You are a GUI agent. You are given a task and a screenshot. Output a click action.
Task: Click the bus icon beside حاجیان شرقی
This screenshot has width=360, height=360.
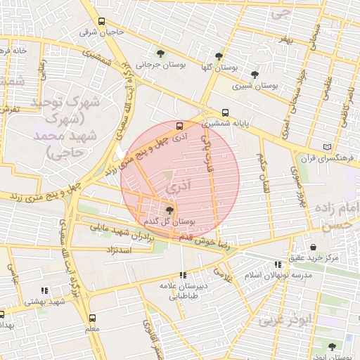point(102,21)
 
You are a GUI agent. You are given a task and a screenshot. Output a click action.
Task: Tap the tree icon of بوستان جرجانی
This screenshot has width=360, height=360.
point(161,53)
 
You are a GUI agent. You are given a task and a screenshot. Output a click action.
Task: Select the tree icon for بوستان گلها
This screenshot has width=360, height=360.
point(219,56)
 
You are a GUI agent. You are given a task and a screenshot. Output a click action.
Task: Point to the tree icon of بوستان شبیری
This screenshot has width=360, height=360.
point(255,74)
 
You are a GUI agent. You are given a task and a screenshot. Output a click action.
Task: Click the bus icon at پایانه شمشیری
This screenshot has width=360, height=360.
point(225,112)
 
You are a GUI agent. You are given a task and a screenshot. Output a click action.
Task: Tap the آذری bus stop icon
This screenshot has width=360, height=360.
point(179,126)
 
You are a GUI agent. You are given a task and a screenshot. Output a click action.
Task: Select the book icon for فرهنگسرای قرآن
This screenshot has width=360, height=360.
point(326,146)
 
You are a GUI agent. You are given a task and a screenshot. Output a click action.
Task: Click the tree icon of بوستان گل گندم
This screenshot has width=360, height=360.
point(169,210)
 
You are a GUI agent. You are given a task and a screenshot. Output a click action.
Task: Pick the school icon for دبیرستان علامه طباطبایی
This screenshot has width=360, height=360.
point(184,275)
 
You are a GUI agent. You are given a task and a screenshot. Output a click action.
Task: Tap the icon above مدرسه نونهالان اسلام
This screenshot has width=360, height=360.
point(278,265)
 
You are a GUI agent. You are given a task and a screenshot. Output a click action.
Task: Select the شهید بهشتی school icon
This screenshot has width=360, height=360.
point(44,290)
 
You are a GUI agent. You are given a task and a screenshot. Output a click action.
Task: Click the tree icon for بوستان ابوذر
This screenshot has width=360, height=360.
point(332,346)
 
